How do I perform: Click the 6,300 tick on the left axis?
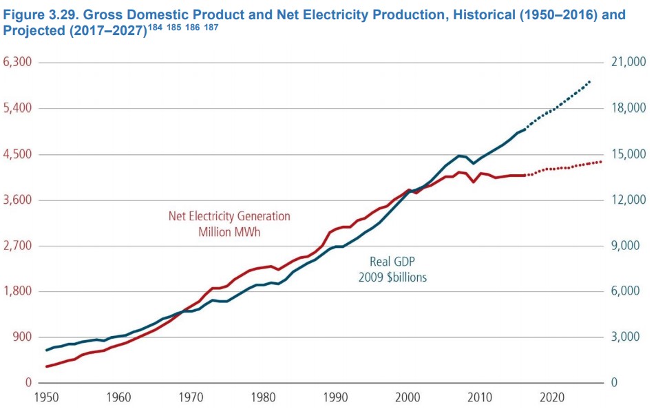[18, 63]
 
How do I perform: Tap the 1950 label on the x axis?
[47, 397]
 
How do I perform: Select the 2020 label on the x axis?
[553, 397]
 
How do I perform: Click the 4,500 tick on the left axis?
[18, 154]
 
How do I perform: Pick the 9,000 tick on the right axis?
[625, 246]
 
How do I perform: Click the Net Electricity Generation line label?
[229, 216]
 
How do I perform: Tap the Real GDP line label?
[393, 262]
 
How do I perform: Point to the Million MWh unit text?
[229, 232]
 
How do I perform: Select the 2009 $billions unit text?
[392, 277]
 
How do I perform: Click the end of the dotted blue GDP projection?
[590, 82]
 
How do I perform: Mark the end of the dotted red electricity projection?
[601, 162]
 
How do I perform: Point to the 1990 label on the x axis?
[336, 397]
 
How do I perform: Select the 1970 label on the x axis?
[191, 397]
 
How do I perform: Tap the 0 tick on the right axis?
[614, 383]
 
